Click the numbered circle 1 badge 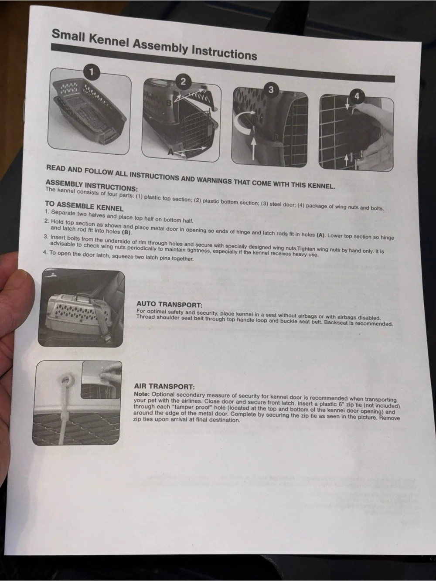click(92, 72)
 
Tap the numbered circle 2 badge click(183, 82)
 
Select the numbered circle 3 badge click(271, 90)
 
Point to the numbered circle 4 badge click(357, 96)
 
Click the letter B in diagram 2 click(169, 103)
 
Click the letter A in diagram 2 click(171, 152)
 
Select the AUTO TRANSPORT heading click(170, 304)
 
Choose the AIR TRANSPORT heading click(164, 386)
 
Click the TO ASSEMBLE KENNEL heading click(84, 206)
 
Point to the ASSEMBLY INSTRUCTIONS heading click(92, 185)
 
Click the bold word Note click(142, 394)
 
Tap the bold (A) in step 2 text click(321, 235)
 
